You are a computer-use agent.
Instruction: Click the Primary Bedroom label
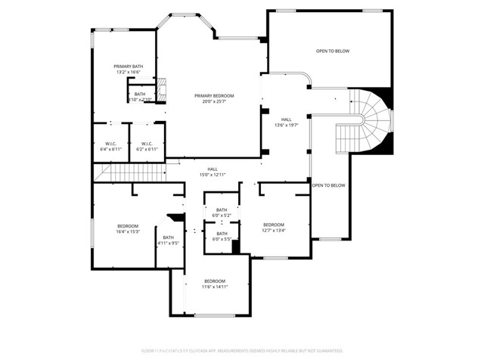point(214,95)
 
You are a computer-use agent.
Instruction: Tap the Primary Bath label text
point(128,67)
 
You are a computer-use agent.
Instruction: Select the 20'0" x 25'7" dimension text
point(214,101)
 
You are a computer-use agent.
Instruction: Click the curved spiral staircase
point(371,121)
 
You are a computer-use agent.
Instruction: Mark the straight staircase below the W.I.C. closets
point(129,174)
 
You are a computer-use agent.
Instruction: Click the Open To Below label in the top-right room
point(333,51)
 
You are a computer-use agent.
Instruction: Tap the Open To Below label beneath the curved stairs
point(328,185)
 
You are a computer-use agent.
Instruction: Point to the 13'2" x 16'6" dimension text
point(128,73)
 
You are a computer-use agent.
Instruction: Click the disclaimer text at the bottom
point(242,351)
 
